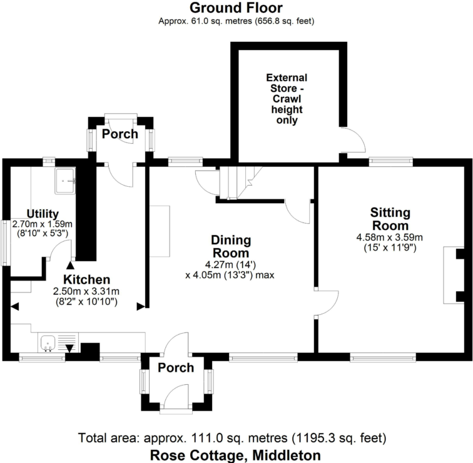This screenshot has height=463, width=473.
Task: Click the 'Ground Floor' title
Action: (236, 8)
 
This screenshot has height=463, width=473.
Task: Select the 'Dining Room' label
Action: (231, 247)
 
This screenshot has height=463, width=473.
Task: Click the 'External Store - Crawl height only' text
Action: (287, 99)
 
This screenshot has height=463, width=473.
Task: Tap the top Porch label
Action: (120, 134)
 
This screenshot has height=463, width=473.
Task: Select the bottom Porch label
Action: (175, 367)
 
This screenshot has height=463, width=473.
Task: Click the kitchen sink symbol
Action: (49, 343)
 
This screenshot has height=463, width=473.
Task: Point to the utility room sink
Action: (66, 181)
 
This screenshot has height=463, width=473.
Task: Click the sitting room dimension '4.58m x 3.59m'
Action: (390, 237)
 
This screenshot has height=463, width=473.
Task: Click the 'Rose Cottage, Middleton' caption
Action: (236, 455)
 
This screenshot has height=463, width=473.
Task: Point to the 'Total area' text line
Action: (236, 437)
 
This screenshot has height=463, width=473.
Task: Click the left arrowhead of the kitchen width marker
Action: (14, 306)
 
